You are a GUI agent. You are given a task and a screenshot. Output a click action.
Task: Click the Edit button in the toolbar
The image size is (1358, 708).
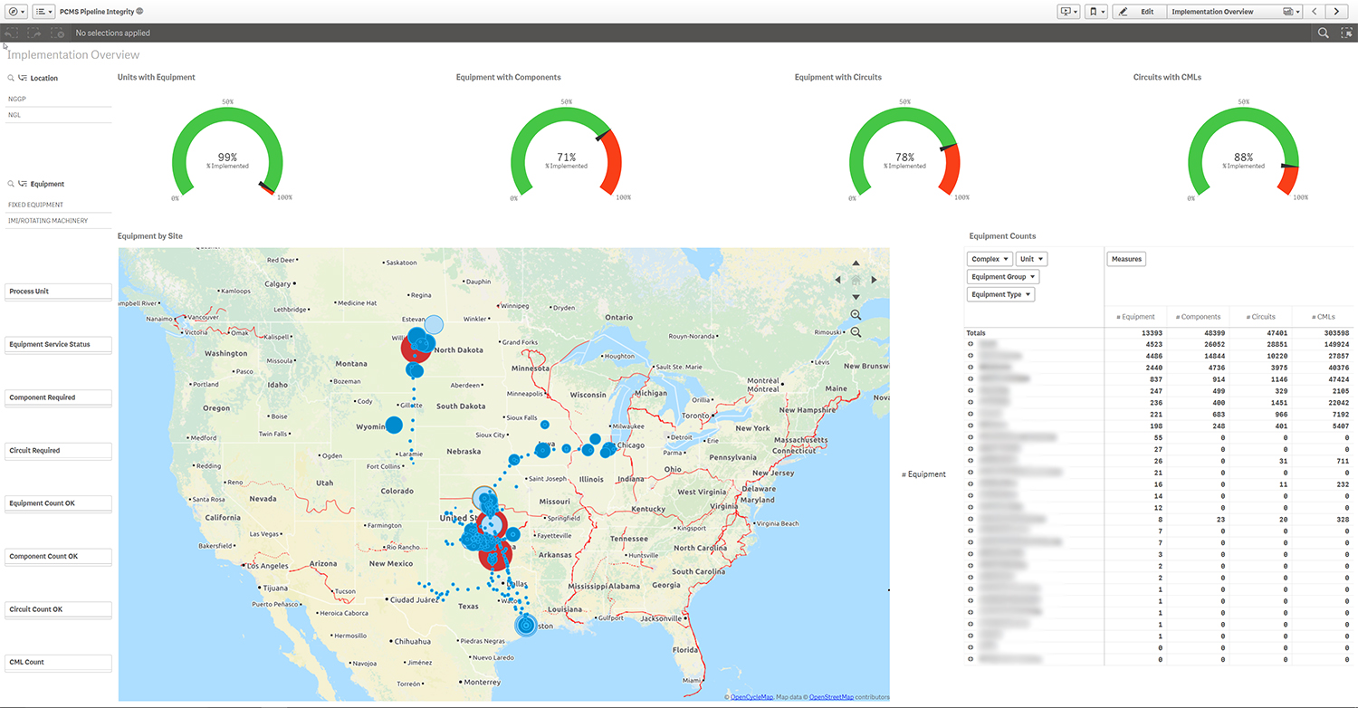pyautogui.click(x=1138, y=12)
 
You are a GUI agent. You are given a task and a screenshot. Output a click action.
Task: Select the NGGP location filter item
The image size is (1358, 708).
pyautogui.click(x=17, y=99)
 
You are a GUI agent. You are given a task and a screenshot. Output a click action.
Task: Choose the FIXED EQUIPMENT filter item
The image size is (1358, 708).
pyautogui.click(x=36, y=205)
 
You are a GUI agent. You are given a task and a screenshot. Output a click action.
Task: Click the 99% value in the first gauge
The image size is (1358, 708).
pyautogui.click(x=227, y=157)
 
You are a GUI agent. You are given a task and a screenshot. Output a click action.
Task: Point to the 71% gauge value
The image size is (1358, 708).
pyautogui.click(x=566, y=157)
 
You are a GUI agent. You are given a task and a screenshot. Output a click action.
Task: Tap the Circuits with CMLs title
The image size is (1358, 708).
pyautogui.click(x=1167, y=78)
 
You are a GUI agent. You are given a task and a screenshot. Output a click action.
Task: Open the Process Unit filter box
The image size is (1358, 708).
pyautogui.click(x=59, y=292)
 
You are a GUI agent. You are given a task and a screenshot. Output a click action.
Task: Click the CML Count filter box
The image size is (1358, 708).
pyautogui.click(x=59, y=663)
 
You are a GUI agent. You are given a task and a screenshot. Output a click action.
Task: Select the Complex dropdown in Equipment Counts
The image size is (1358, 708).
pyautogui.click(x=990, y=259)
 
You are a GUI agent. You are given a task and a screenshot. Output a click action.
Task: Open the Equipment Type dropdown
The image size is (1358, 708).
pyautogui.click(x=1001, y=294)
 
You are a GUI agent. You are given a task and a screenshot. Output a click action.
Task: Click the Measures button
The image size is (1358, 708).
pyautogui.click(x=1126, y=259)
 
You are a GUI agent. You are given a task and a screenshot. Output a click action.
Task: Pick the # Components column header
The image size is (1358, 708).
pyautogui.click(x=1198, y=317)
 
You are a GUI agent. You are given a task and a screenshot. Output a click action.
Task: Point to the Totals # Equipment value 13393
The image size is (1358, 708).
pyautogui.click(x=1145, y=333)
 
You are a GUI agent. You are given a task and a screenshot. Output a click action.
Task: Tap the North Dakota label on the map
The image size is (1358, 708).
pyautogui.click(x=458, y=350)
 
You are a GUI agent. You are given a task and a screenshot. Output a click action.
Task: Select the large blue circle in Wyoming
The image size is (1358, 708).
pyautogui.click(x=394, y=425)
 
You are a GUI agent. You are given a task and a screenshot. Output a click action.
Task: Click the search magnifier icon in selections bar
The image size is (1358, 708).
pyautogui.click(x=1324, y=33)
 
